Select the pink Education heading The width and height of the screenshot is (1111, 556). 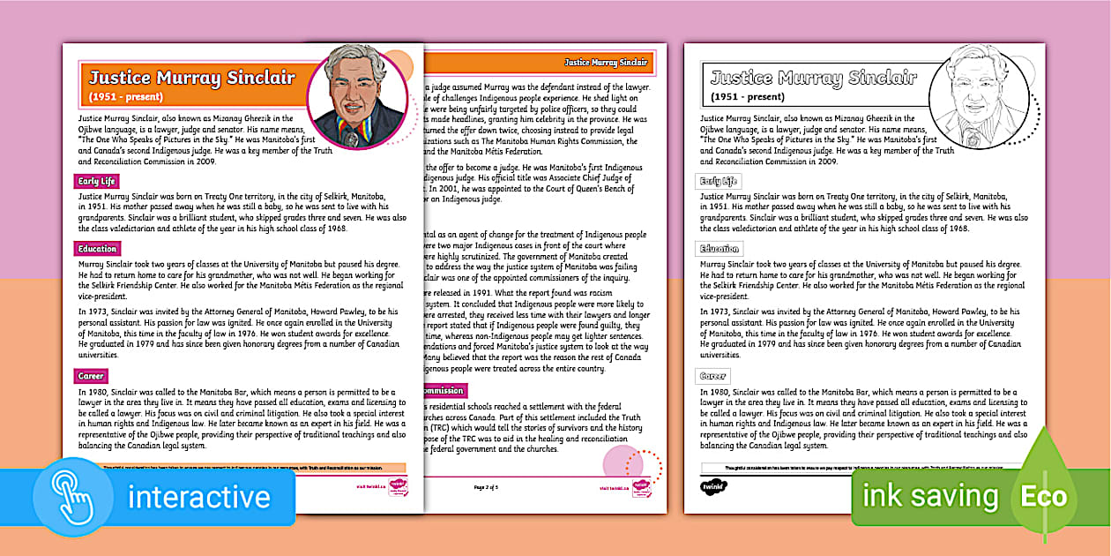point(97,250)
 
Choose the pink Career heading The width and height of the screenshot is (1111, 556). point(92,377)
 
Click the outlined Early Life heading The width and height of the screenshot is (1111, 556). point(720,182)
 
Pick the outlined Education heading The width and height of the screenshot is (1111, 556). point(719,250)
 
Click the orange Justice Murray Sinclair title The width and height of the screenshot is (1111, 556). point(192,78)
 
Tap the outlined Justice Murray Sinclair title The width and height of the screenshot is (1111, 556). point(814,78)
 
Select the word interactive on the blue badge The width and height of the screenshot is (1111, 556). point(199,497)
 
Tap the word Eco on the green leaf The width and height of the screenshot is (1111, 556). point(1045,497)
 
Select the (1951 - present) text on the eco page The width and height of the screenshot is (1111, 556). point(748,96)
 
